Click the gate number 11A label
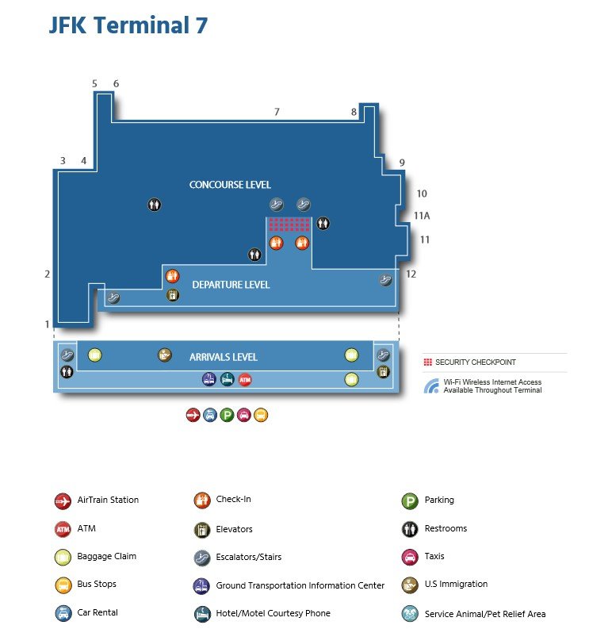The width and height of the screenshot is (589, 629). (x=422, y=216)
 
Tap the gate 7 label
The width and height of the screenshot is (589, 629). (x=277, y=112)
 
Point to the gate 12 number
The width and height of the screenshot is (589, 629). (x=411, y=274)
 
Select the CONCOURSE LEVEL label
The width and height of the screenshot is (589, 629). (x=230, y=185)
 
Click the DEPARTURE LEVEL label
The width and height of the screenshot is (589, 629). (x=231, y=285)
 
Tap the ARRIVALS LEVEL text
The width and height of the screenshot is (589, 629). (x=224, y=357)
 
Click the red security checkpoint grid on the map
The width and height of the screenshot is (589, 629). (x=289, y=224)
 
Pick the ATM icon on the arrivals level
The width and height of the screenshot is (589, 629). (x=245, y=379)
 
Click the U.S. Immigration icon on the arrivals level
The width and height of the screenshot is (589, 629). (x=164, y=355)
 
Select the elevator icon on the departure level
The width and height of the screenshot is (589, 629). (x=173, y=295)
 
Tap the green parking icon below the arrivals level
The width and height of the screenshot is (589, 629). (x=227, y=415)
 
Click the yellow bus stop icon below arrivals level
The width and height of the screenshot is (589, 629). (x=261, y=415)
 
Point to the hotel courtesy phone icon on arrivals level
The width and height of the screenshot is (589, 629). (x=227, y=379)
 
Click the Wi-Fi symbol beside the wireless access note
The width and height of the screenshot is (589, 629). (x=431, y=386)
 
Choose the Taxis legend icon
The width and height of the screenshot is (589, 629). (x=410, y=557)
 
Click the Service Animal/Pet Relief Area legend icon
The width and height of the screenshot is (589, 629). (x=410, y=614)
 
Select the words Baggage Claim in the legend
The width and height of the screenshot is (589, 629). (x=107, y=556)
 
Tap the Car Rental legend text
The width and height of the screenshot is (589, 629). (x=98, y=612)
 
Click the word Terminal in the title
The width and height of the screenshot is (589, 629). (x=142, y=25)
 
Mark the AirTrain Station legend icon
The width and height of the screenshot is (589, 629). (x=63, y=501)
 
